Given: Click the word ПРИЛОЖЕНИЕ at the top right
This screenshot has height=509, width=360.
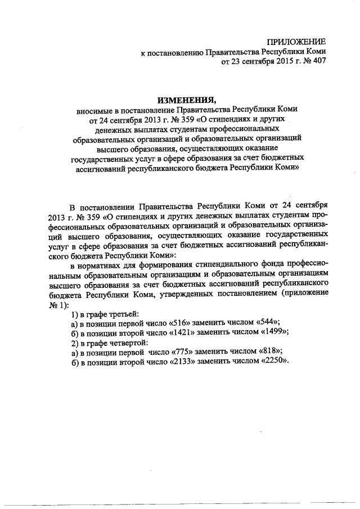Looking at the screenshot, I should pyautogui.click(x=296, y=42).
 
